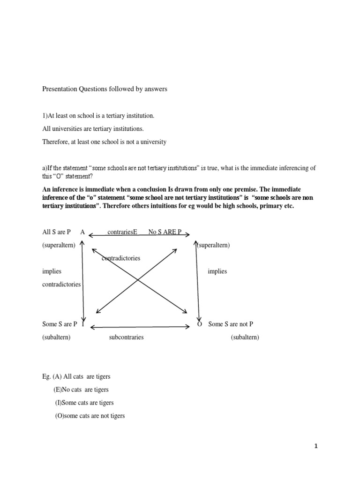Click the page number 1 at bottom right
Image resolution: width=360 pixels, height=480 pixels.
point(316,446)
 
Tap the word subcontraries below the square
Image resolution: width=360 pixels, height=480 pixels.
point(126,337)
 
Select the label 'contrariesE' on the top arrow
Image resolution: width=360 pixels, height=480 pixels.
point(122,232)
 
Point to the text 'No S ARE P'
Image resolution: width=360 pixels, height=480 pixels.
point(165,232)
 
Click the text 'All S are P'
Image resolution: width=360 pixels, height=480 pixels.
point(56,232)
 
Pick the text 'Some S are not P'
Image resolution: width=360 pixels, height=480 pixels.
point(231,324)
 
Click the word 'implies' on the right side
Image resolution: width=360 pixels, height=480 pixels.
point(217,271)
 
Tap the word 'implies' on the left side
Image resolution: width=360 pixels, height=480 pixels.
point(52,271)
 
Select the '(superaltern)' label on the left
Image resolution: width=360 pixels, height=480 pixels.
point(59,245)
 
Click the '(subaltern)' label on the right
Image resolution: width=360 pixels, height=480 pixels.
point(245,337)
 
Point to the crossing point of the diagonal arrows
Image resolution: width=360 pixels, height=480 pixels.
point(138,280)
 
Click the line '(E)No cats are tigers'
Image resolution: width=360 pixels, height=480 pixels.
point(81,390)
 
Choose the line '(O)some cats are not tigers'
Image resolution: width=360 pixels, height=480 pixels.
point(90,416)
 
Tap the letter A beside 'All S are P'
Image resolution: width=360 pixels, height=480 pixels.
point(82,232)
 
